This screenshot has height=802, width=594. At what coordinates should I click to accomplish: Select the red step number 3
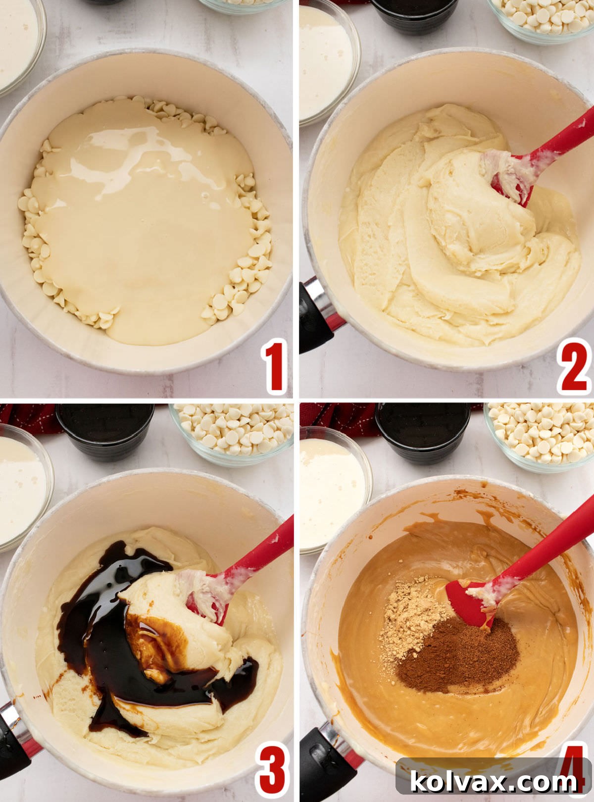click(272, 770)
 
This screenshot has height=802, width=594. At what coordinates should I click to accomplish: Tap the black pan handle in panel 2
click(314, 317)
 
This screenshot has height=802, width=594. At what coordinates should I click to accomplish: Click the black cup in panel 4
click(423, 431)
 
